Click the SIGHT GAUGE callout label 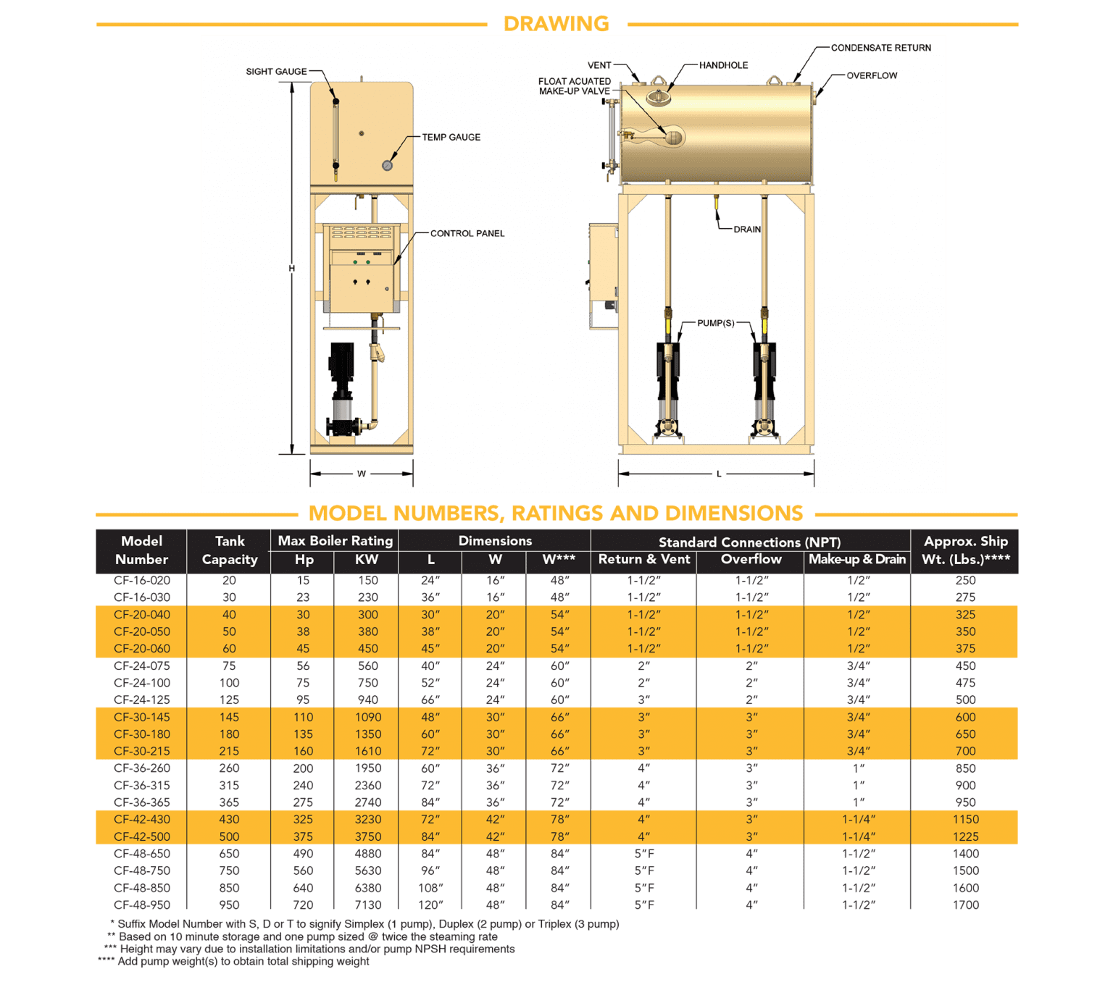click(x=276, y=72)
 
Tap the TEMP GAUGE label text click(x=451, y=137)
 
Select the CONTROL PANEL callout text click(x=467, y=233)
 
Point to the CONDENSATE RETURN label click(x=880, y=48)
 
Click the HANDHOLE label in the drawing click(x=723, y=65)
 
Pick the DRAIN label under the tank click(x=746, y=230)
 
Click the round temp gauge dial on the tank click(x=387, y=165)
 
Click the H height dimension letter click(x=292, y=269)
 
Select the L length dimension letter click(x=718, y=474)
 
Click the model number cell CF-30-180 click(x=142, y=734)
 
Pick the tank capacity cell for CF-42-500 click(x=229, y=836)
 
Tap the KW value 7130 click(x=367, y=905)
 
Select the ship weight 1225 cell click(x=965, y=836)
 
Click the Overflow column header click(x=751, y=559)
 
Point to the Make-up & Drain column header click(x=857, y=559)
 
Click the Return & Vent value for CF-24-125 click(x=643, y=700)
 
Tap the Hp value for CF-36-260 click(x=303, y=768)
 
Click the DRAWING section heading click(x=556, y=24)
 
